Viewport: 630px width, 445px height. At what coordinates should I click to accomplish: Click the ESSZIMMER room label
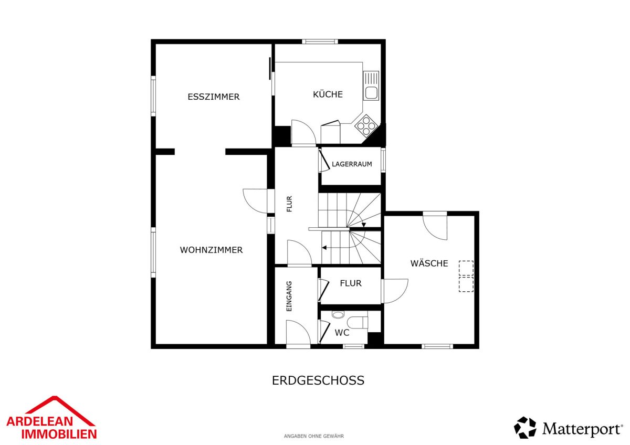pyautogui.click(x=214, y=97)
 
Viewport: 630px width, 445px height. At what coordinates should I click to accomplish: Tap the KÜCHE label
pyautogui.click(x=328, y=94)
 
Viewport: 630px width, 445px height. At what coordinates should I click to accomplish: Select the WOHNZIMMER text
pyautogui.click(x=211, y=250)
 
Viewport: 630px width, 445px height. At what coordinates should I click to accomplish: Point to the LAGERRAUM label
pyautogui.click(x=352, y=164)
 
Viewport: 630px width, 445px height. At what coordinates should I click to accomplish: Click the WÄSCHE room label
pyautogui.click(x=429, y=263)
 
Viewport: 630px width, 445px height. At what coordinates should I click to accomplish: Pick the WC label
pyautogui.click(x=342, y=333)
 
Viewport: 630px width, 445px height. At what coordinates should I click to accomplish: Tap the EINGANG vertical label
pyautogui.click(x=289, y=296)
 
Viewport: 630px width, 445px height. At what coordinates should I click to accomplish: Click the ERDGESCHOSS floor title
pyautogui.click(x=318, y=380)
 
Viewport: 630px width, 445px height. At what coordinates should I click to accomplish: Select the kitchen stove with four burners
pyautogui.click(x=366, y=125)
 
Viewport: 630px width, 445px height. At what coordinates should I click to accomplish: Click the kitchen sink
pyautogui.click(x=371, y=86)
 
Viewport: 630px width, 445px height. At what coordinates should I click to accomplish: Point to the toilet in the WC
pyautogui.click(x=357, y=322)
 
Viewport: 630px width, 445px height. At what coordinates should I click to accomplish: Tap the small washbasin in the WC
pyautogui.click(x=338, y=314)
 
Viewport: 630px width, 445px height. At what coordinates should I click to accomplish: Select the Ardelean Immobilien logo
pyautogui.click(x=51, y=418)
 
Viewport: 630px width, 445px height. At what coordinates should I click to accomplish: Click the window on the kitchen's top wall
pyautogui.click(x=320, y=41)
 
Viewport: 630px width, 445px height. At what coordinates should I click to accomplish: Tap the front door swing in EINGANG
pyautogui.click(x=298, y=332)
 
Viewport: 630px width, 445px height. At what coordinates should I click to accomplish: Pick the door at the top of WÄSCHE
pyautogui.click(x=435, y=226)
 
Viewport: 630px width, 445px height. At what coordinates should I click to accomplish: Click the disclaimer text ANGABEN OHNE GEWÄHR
pyautogui.click(x=313, y=436)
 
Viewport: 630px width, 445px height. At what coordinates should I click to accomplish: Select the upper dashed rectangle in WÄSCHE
pyautogui.click(x=466, y=268)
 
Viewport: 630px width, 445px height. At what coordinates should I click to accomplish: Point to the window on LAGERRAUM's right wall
pyautogui.click(x=383, y=160)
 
